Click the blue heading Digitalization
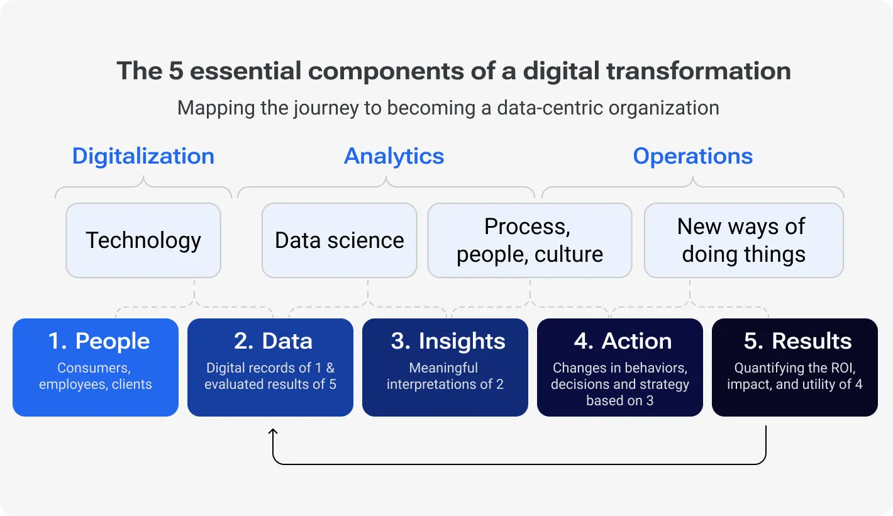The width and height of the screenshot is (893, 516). (143, 156)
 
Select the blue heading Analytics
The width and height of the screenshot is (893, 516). (394, 156)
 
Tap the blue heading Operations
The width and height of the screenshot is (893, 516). (692, 156)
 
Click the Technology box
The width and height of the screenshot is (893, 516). (143, 240)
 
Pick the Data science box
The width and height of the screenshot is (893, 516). (339, 240)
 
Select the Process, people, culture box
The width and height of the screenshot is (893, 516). (530, 240)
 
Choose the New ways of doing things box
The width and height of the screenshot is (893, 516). (743, 240)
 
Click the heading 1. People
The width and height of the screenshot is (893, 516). (99, 341)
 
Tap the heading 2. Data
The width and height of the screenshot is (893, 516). (273, 341)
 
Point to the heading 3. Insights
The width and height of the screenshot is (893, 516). (448, 341)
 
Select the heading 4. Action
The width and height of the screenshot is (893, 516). (623, 341)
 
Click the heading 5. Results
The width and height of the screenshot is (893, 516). (797, 341)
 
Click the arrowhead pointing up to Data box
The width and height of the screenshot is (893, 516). (273, 432)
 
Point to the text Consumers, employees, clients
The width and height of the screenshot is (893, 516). (96, 376)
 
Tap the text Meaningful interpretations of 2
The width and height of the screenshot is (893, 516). (445, 376)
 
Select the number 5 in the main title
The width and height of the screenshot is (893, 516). (175, 71)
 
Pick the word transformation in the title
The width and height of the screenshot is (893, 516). (698, 71)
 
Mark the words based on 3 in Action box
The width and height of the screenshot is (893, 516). (619, 401)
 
